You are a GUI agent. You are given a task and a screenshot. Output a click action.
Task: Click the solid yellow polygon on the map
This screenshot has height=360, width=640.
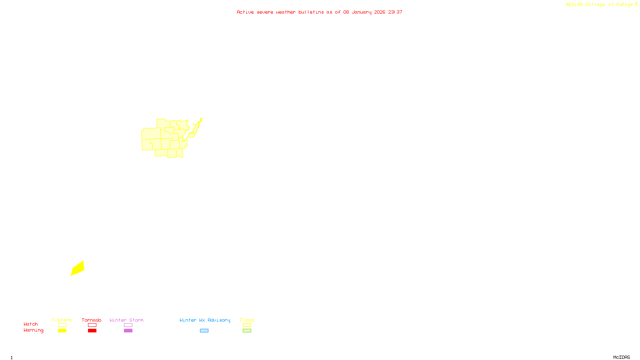(78, 268)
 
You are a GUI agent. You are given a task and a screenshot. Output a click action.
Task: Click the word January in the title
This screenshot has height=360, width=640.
(361, 12)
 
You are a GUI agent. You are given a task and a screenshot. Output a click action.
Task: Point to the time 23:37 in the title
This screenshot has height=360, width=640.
(395, 12)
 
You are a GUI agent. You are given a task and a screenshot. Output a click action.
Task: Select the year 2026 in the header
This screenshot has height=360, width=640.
(380, 12)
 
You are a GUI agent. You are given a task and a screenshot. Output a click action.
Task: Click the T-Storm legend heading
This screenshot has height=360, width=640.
(62, 320)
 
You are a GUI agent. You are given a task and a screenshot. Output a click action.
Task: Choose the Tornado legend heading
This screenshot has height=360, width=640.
(92, 320)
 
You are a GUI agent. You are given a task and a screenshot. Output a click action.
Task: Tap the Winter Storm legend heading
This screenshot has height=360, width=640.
(126, 320)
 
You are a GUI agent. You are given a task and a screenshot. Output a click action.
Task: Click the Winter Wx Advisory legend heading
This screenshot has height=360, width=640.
(205, 320)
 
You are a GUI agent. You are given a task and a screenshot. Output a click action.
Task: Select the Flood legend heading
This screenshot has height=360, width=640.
(247, 320)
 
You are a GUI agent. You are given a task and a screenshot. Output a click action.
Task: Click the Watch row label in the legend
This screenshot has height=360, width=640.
(31, 324)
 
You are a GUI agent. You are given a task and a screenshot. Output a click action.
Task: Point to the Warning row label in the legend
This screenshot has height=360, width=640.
(34, 330)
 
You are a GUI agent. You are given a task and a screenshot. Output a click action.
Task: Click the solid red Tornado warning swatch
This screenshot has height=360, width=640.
(92, 331)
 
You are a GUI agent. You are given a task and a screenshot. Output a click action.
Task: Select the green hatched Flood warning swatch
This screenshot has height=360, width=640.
(247, 331)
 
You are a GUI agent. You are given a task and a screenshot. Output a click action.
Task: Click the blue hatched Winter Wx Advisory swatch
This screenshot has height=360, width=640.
(204, 331)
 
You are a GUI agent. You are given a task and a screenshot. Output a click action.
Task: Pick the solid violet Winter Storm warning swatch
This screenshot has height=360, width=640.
(128, 331)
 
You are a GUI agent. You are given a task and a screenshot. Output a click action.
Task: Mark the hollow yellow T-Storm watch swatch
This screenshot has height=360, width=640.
(62, 325)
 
